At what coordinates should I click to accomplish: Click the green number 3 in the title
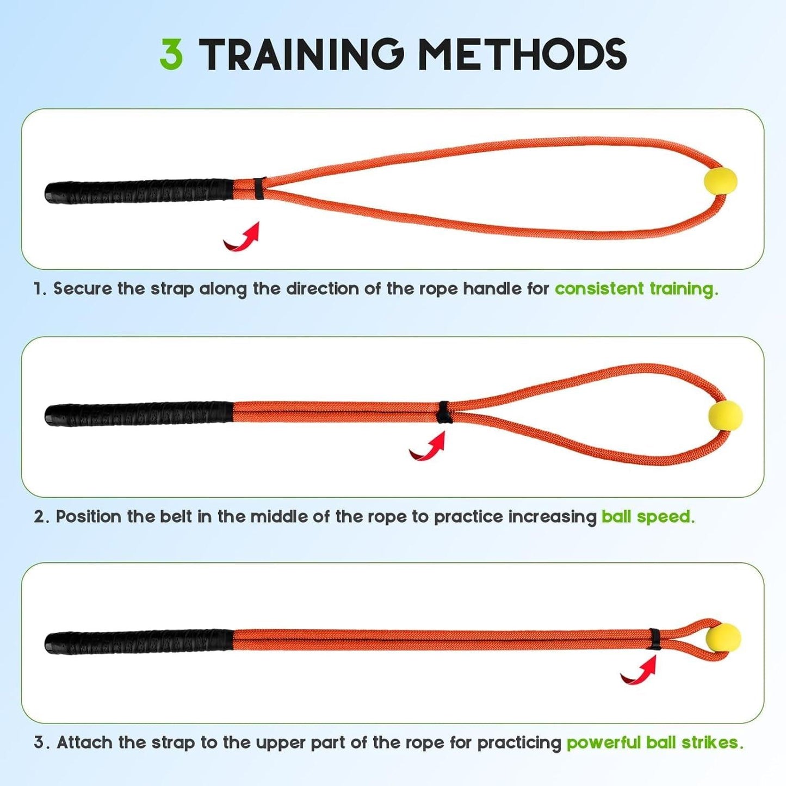coord(171,54)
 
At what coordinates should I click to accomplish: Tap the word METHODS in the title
coord(522,54)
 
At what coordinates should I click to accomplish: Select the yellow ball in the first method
coord(720,181)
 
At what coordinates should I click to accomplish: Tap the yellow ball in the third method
coord(723,639)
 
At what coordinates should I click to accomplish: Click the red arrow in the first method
coord(242,238)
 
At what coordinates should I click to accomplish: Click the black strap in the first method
coord(259,188)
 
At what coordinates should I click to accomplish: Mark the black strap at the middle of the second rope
coord(444,412)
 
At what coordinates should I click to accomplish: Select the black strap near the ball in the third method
coord(654,639)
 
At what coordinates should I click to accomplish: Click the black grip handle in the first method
coord(139,191)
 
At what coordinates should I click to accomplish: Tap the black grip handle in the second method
coord(139,414)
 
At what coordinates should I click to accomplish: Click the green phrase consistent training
coord(636,289)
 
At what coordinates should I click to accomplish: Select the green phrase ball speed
coord(647,516)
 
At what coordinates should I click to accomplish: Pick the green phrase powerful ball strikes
coord(654,742)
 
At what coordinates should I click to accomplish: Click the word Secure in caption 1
coord(83,289)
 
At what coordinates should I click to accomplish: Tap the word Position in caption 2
coord(89,516)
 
